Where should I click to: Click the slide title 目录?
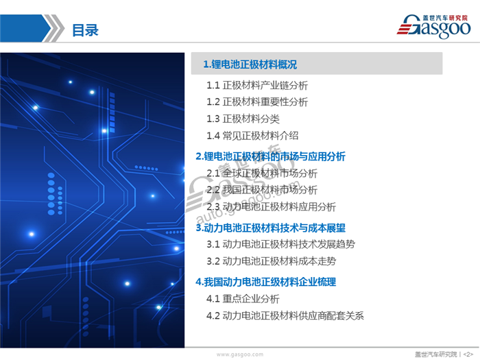(x=85, y=30)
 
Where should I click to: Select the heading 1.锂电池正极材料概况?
(x=250, y=64)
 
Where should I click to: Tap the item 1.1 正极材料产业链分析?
(x=257, y=86)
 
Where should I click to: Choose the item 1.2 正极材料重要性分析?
(x=257, y=101)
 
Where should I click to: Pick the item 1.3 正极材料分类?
(x=243, y=119)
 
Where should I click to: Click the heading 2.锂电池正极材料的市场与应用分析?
(x=270, y=156)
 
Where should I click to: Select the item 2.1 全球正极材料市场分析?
(x=262, y=173)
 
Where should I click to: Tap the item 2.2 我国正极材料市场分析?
(x=262, y=189)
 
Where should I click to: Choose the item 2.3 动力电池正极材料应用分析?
(x=271, y=206)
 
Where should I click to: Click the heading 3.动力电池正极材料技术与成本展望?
(x=270, y=227)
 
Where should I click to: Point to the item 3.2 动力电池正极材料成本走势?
(x=271, y=261)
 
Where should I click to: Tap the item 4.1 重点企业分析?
(x=243, y=299)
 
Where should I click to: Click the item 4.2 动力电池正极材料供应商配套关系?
(x=285, y=316)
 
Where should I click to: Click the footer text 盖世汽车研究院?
(x=435, y=354)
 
